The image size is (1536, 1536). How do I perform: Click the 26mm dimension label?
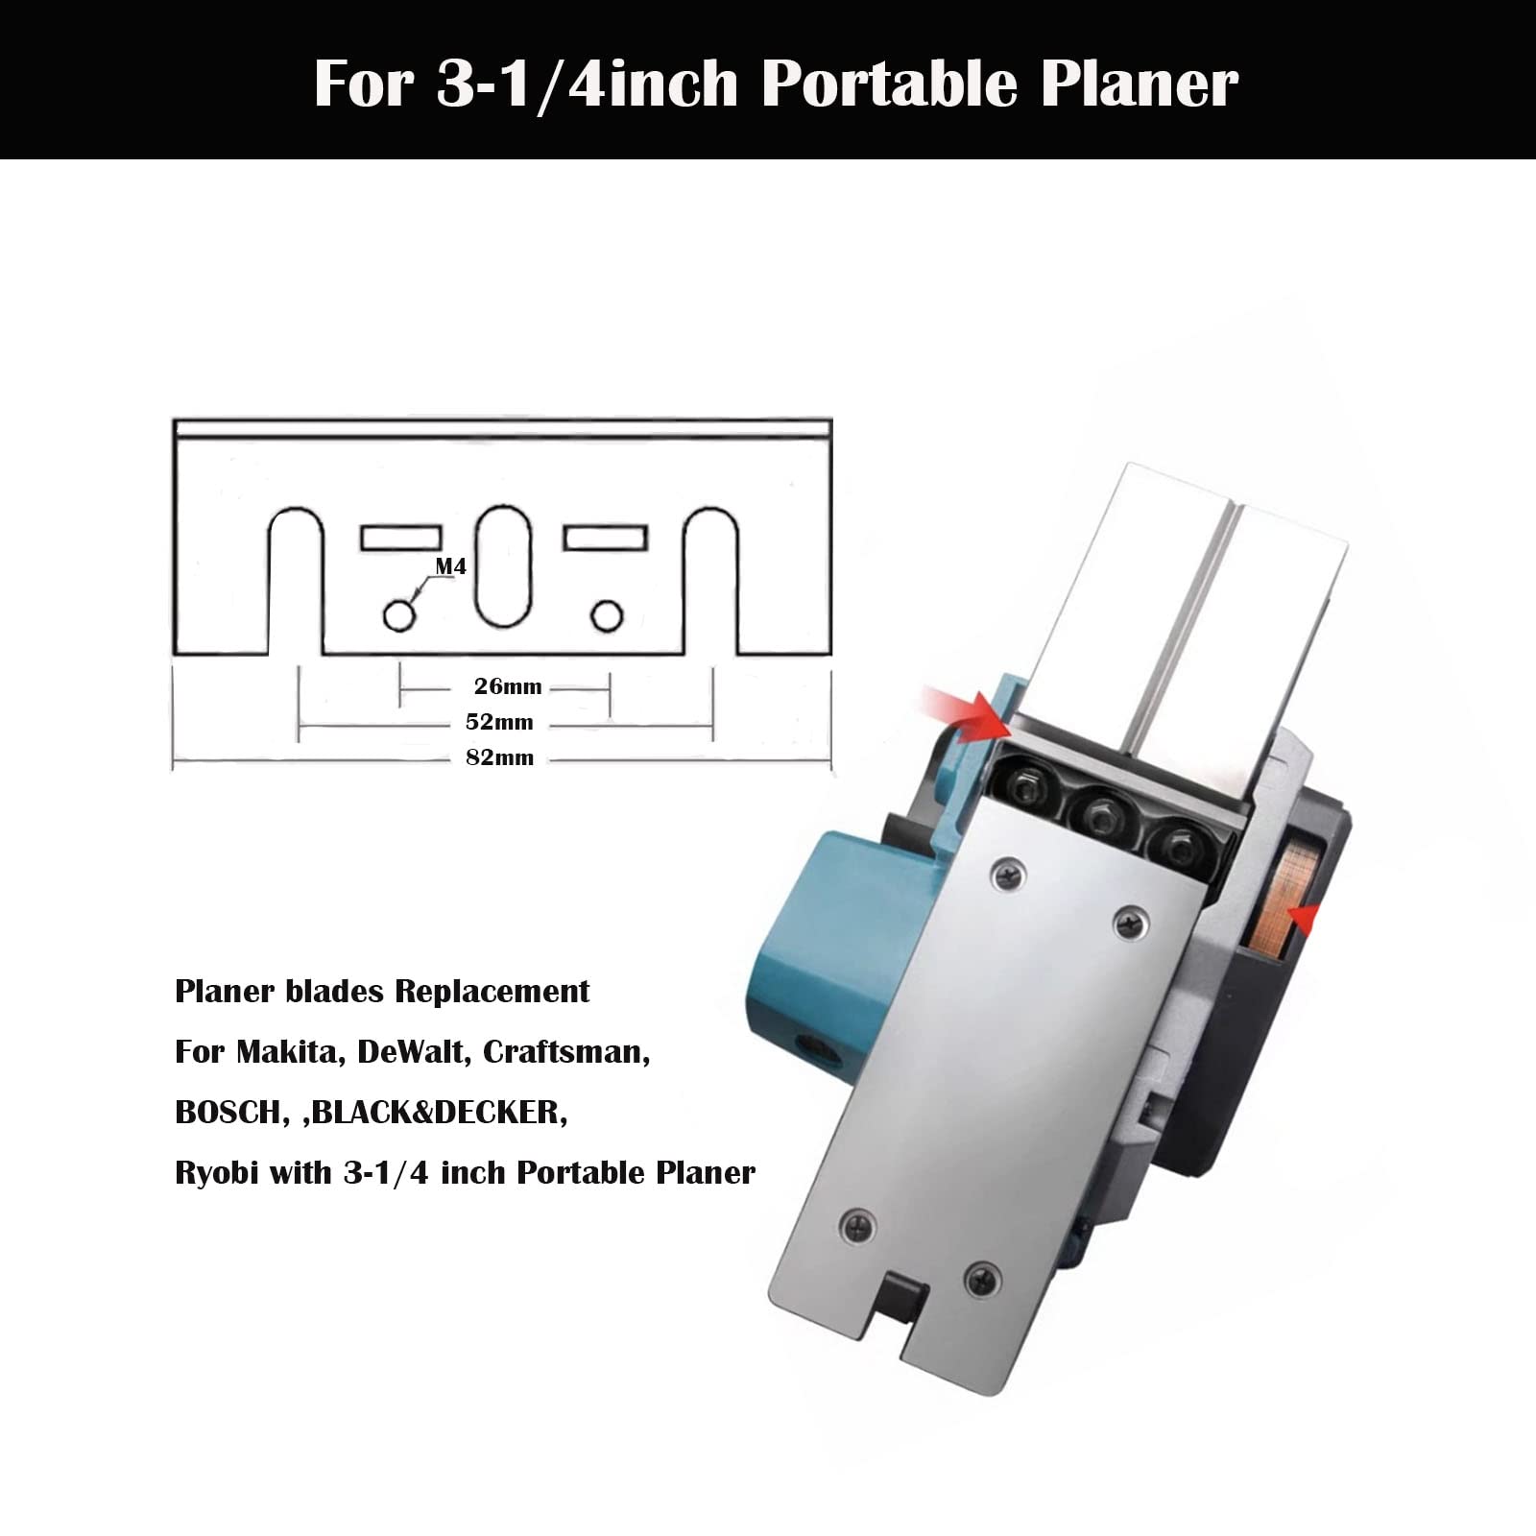pyautogui.click(x=508, y=686)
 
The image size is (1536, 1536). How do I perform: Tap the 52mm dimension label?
pyautogui.click(x=499, y=722)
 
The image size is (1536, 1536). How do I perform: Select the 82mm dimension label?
pyautogui.click(x=499, y=757)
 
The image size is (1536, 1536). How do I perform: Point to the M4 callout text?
pyautogui.click(x=451, y=566)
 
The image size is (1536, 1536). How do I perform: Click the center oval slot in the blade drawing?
pyautogui.click(x=503, y=566)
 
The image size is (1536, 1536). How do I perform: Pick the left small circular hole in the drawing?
pyautogui.click(x=399, y=615)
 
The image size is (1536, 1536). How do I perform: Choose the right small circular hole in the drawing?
pyautogui.click(x=607, y=615)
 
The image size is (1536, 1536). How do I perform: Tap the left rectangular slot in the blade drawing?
pyautogui.click(x=401, y=538)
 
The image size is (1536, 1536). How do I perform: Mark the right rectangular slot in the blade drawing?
pyautogui.click(x=605, y=538)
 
